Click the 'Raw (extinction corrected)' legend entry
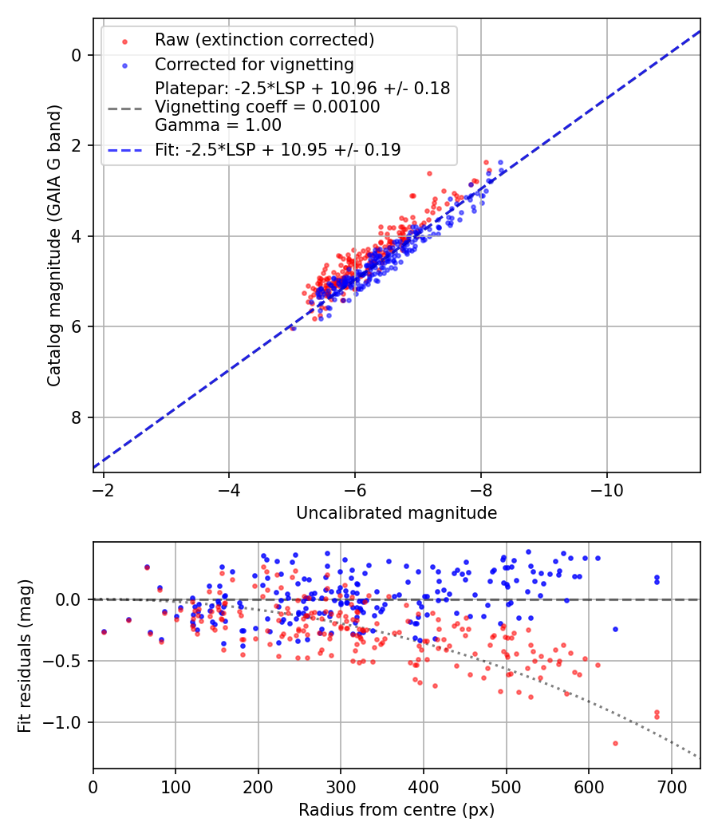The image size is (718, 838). pos(264,40)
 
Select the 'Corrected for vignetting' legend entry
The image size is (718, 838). pos(254,64)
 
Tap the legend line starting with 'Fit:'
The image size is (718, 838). pos(278,149)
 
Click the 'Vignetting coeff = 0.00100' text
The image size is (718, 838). pos(267,107)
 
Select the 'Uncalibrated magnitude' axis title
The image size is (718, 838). pos(396,513)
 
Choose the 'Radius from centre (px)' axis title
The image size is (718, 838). pos(396,810)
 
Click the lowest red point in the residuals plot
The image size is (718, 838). pos(615,743)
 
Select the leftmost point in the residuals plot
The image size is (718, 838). pos(104,631)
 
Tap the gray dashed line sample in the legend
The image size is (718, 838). pos(124,107)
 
